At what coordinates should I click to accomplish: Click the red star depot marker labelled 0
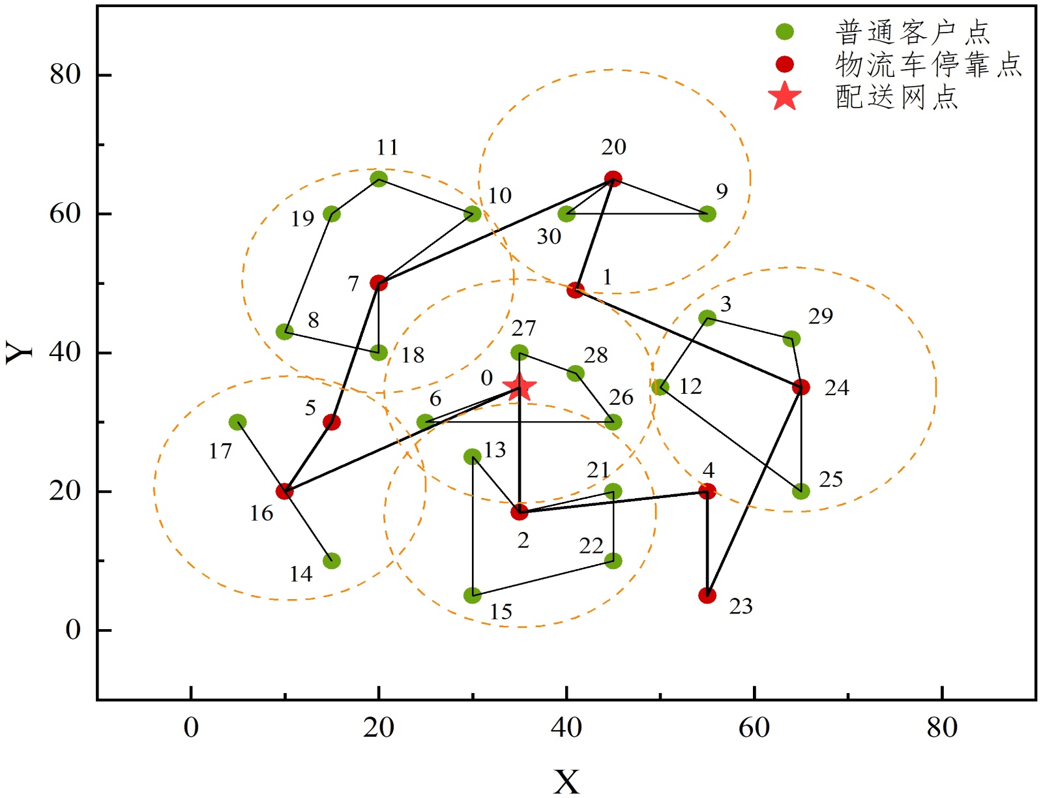click(x=520, y=387)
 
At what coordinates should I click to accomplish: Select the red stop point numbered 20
click(x=613, y=179)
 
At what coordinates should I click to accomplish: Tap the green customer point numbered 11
click(x=379, y=179)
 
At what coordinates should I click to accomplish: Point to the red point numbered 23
click(x=707, y=595)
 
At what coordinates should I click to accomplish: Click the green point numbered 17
click(x=238, y=422)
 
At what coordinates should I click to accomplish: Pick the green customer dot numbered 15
click(x=473, y=595)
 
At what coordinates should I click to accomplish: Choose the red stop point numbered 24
click(x=801, y=387)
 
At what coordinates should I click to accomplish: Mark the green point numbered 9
click(x=707, y=214)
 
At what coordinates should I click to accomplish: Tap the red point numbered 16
click(x=284, y=491)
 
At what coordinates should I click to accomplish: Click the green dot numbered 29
click(x=791, y=339)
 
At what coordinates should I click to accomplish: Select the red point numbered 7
click(x=379, y=283)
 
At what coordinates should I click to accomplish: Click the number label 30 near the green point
click(x=549, y=237)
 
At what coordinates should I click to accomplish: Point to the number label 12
click(x=690, y=387)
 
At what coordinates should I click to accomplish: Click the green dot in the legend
click(x=785, y=31)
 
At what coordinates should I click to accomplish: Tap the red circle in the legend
click(x=785, y=64)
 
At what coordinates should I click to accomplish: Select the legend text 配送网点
click(x=897, y=96)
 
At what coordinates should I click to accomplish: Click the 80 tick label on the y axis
click(x=65, y=74)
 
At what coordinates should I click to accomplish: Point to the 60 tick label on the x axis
click(x=754, y=727)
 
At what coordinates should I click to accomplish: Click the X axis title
click(x=566, y=780)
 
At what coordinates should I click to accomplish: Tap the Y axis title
click(x=20, y=352)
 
